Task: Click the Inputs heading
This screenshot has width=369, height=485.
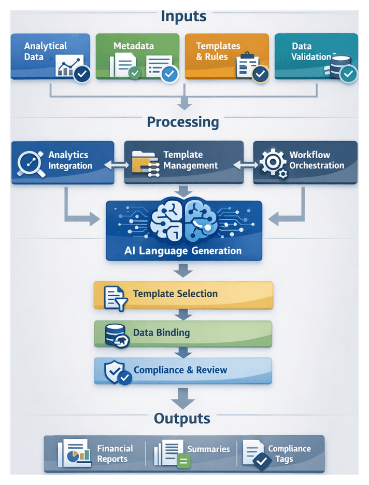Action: [x=183, y=16]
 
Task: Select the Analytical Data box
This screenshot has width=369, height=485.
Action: [x=50, y=56]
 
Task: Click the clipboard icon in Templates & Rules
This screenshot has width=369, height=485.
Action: [x=246, y=65]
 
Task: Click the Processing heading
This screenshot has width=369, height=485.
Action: [x=183, y=122]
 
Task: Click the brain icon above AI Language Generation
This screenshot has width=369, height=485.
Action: [x=184, y=221]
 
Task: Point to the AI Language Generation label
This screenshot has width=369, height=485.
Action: [x=183, y=251]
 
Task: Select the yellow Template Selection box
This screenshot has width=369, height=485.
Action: [x=183, y=295]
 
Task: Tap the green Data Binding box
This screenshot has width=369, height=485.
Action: [x=183, y=334]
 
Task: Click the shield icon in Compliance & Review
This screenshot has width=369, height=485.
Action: [x=116, y=371]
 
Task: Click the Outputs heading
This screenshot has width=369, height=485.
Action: [x=182, y=419]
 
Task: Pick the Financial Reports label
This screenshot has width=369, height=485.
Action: [x=115, y=453]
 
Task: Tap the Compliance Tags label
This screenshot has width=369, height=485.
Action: [x=289, y=453]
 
